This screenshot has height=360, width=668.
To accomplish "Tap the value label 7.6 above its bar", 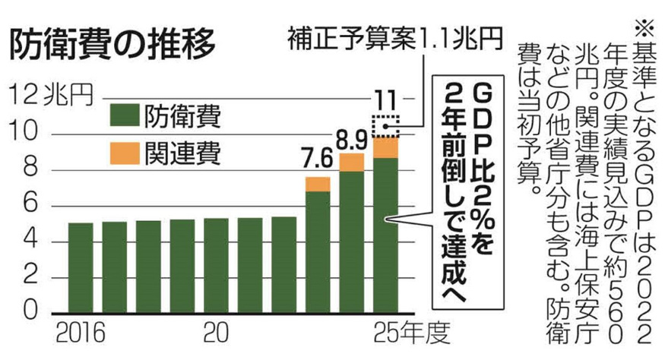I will tap(317, 160).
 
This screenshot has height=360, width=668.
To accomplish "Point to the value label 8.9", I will tap(351, 140).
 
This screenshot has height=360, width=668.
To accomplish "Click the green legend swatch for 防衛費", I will tap(125, 115).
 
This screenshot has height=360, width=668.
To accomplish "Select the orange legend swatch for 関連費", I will tap(125, 153).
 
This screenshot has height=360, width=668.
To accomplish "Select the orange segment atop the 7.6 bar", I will tap(318, 184).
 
